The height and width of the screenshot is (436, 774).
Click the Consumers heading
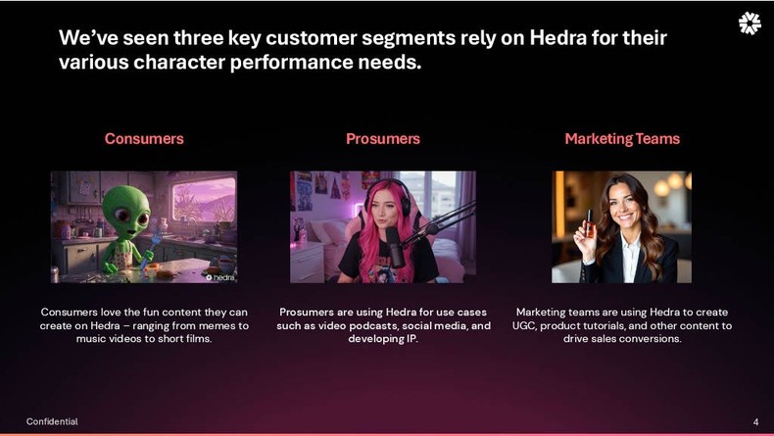click(144, 139)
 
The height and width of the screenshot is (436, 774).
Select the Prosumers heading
click(382, 139)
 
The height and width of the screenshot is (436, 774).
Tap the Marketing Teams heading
click(621, 139)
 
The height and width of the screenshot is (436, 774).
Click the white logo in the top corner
click(749, 24)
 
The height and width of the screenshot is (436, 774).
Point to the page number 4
click(755, 421)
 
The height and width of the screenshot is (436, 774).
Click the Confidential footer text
click(52, 421)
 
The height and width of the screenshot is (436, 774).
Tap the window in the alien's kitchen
click(203, 200)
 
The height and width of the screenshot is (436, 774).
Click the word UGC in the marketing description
click(530, 325)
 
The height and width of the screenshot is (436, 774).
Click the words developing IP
click(382, 339)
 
